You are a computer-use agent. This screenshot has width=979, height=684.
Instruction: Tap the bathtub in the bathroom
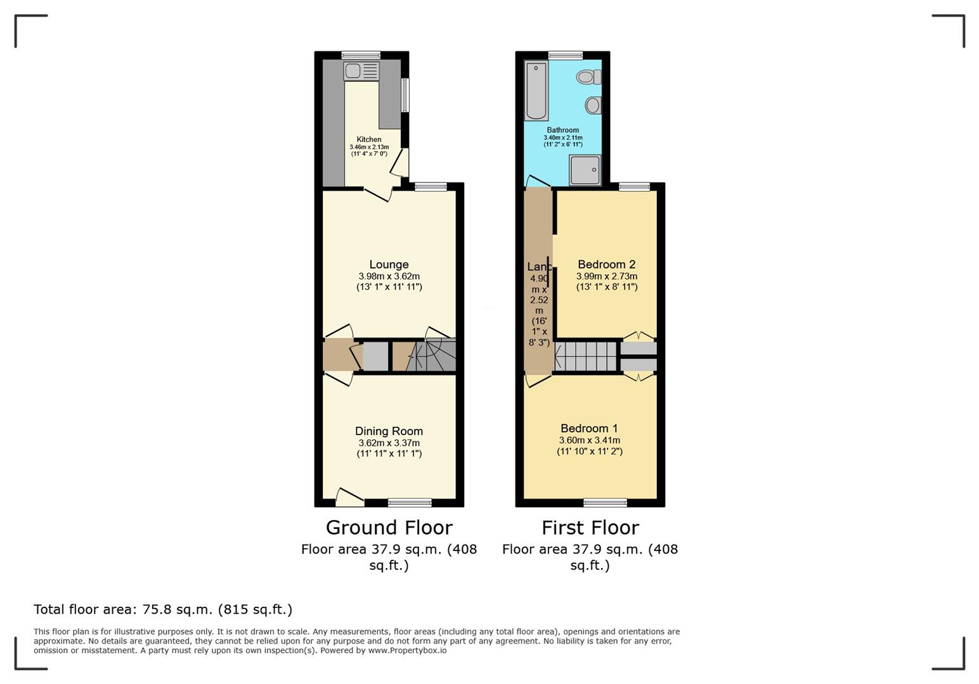[x=536, y=91]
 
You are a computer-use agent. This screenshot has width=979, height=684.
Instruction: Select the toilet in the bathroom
[x=589, y=77]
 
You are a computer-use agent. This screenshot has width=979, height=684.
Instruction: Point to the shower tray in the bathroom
[x=585, y=170]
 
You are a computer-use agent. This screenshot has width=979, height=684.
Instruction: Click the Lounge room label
[x=389, y=264]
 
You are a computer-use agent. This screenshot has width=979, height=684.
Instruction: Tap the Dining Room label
[x=389, y=431]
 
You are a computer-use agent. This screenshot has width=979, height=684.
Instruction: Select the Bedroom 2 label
[x=606, y=264]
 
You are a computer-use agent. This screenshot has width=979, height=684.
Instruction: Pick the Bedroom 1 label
[x=589, y=429]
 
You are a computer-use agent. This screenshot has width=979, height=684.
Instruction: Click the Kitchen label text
[x=369, y=139]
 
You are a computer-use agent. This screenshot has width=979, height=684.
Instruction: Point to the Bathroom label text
[x=563, y=130]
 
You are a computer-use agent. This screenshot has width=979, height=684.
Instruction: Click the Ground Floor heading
[x=389, y=528]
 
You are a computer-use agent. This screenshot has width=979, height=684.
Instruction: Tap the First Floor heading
[x=590, y=528]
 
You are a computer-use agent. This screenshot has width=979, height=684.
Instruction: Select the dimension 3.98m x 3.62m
[x=389, y=276]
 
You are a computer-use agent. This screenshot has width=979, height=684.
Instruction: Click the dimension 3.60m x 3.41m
[x=589, y=440]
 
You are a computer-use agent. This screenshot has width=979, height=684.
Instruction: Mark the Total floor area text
[x=163, y=609]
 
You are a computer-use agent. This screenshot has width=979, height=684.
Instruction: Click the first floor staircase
[x=585, y=357]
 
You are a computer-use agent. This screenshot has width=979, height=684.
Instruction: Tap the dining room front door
[x=349, y=497]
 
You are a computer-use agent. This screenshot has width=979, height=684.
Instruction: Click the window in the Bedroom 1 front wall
[x=605, y=503]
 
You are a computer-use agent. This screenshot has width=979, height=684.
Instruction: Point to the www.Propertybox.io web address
[x=407, y=650]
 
